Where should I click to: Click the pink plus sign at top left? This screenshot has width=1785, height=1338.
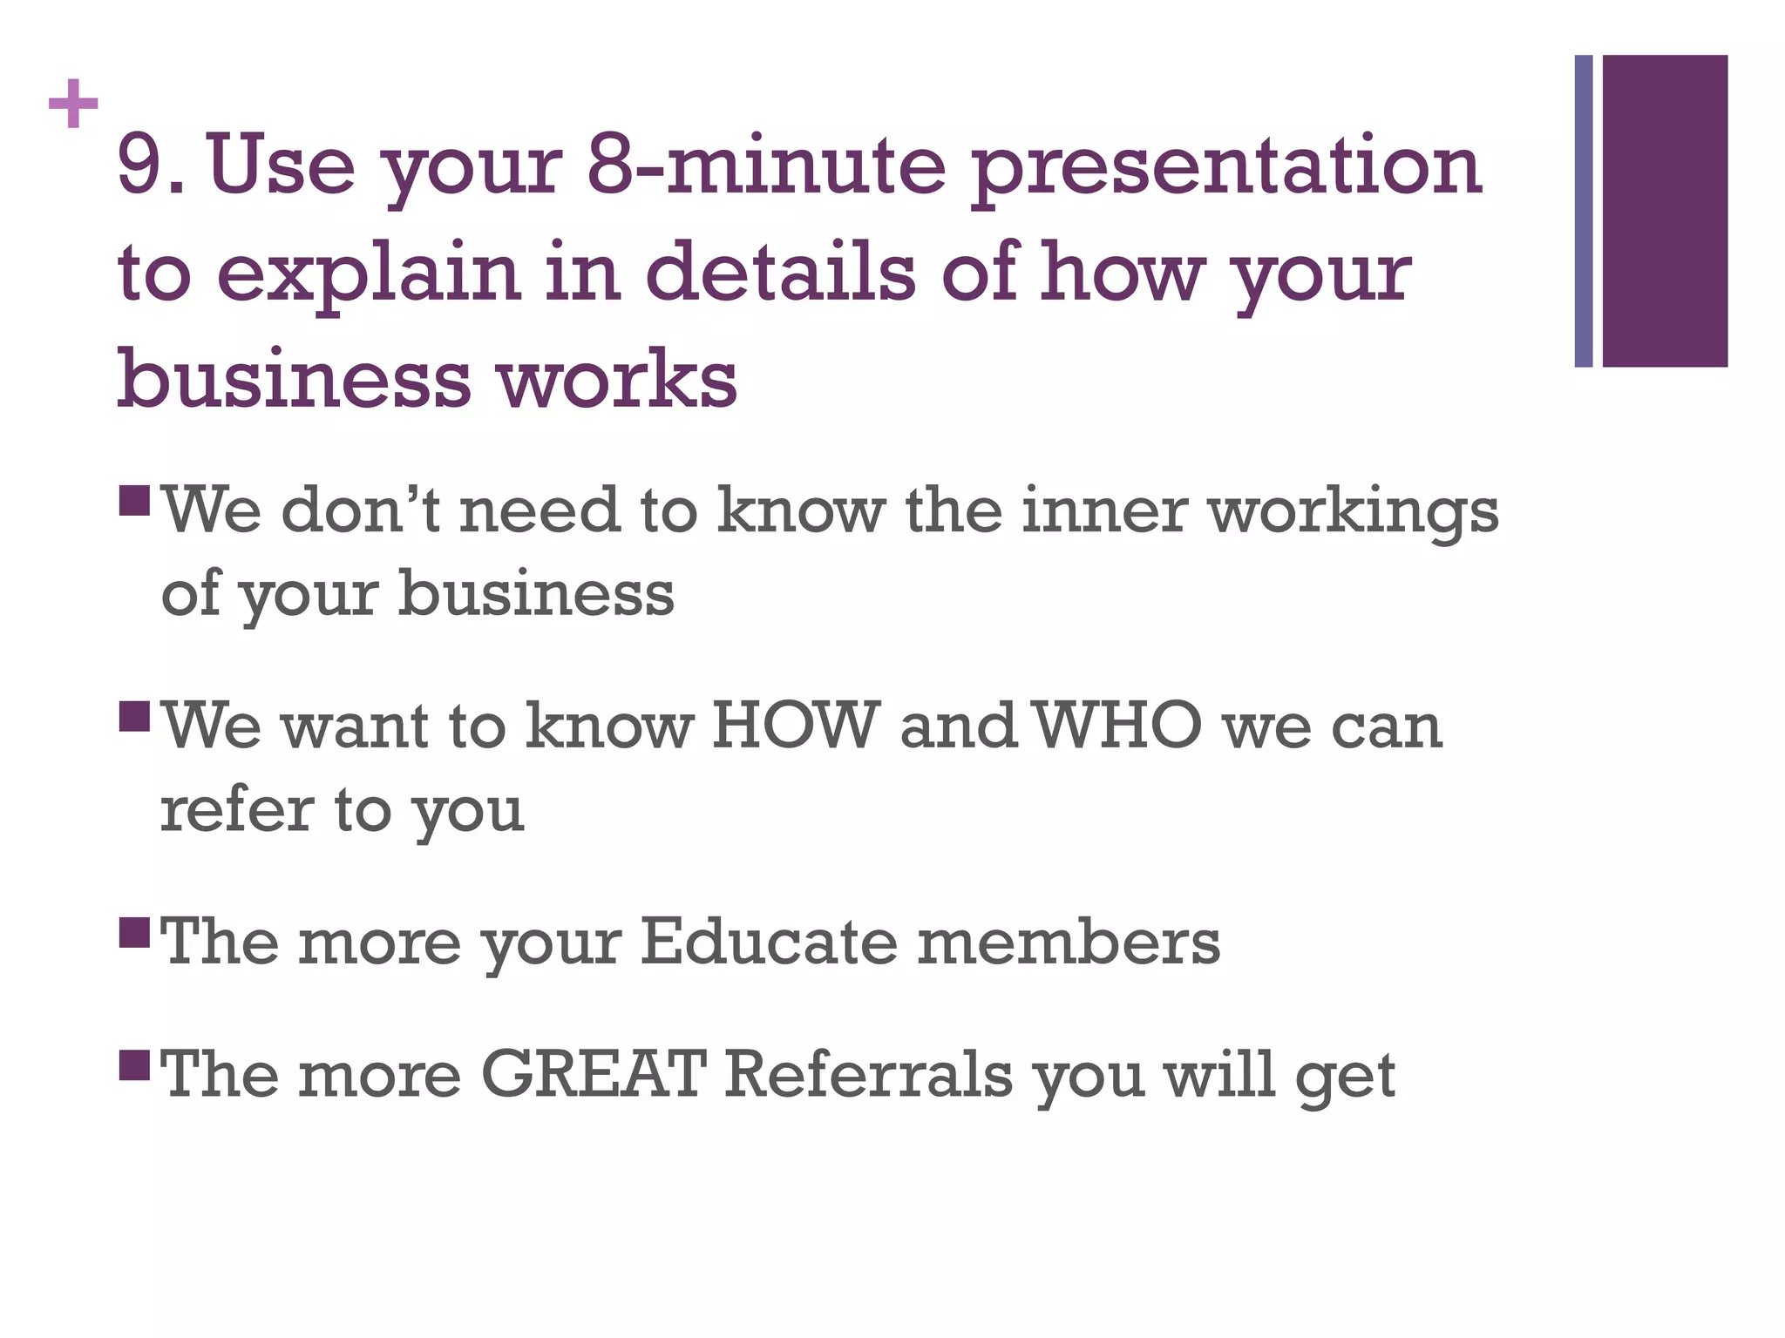coord(73,104)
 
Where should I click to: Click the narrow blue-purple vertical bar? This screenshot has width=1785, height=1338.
coord(1583,211)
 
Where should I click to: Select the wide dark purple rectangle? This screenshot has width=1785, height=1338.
coord(1665,211)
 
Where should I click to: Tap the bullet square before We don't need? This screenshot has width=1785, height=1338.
coord(135,500)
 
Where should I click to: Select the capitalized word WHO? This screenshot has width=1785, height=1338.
coord(1120,725)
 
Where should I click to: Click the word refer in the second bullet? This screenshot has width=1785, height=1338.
coord(236,810)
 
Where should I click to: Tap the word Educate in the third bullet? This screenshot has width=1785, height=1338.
coord(768,942)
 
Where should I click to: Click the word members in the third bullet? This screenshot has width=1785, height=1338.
coord(1069,942)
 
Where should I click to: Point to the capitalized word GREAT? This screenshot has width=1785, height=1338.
coord(593,1073)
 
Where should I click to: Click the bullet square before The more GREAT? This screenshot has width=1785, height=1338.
coord(135,1064)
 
